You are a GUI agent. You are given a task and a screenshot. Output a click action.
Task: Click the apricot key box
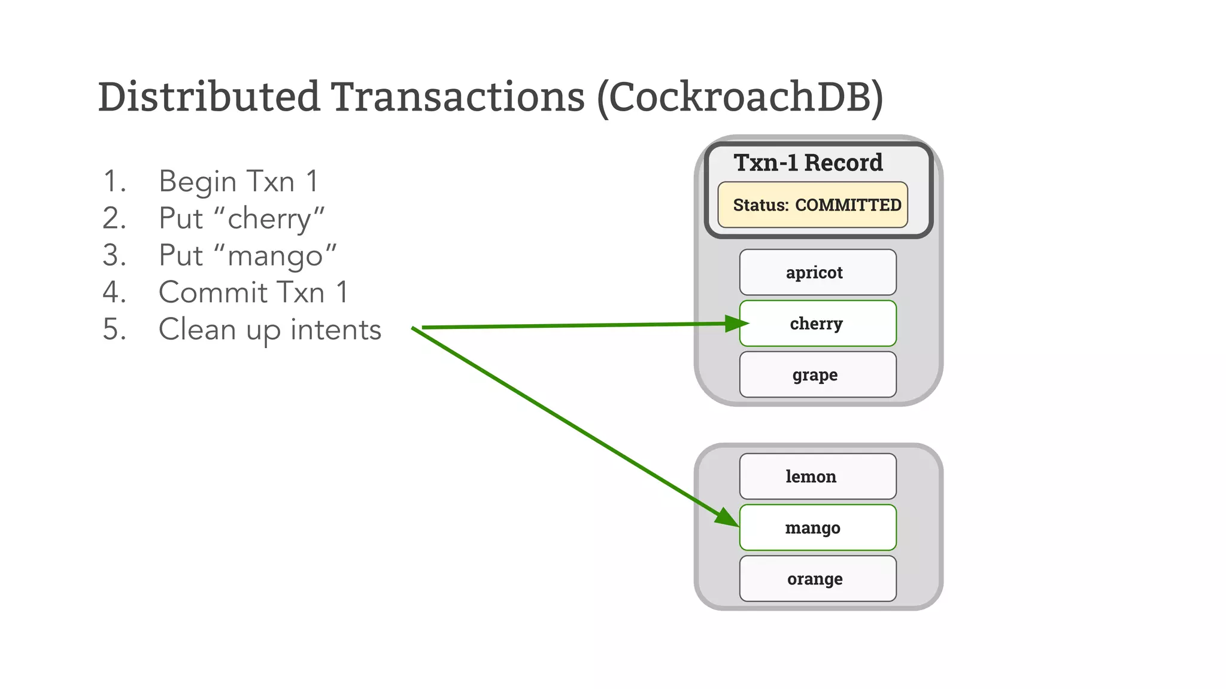click(x=818, y=272)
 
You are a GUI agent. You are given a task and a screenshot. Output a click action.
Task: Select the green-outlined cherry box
click(x=818, y=324)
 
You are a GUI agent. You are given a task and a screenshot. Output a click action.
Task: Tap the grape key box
click(x=818, y=374)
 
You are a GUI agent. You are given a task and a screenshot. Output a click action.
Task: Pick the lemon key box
click(x=818, y=476)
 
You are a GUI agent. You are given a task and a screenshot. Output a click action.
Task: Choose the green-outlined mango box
click(x=818, y=528)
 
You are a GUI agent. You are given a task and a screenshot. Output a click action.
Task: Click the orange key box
click(x=818, y=578)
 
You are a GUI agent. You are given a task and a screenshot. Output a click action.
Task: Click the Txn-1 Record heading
click(x=808, y=163)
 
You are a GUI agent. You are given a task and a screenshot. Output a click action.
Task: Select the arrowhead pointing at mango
click(x=727, y=518)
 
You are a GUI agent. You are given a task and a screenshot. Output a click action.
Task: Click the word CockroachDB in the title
click(x=739, y=97)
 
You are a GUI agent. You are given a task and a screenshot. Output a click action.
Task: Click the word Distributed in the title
click(x=209, y=97)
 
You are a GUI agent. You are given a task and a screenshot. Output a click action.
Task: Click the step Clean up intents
click(x=269, y=330)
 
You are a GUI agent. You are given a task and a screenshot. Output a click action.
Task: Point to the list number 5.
click(x=114, y=330)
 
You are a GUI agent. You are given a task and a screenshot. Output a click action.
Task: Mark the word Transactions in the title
click(x=458, y=97)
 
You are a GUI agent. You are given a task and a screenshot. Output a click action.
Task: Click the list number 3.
click(x=114, y=255)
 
